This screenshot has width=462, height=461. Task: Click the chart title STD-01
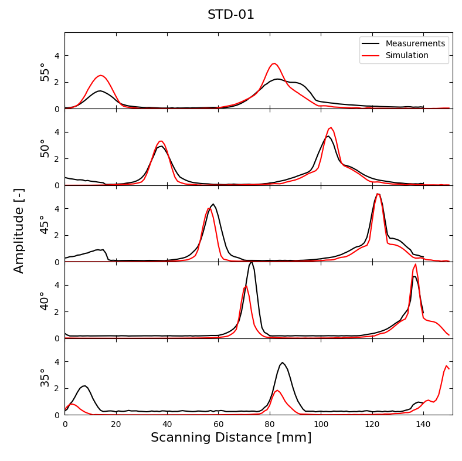pyautogui.click(x=231, y=15)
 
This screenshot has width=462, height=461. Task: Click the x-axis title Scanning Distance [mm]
pyautogui.click(x=231, y=438)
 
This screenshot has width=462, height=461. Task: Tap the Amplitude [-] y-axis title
pyautogui.click(x=19, y=230)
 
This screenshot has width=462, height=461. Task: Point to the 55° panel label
pyautogui.click(x=45, y=72)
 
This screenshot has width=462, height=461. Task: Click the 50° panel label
pyautogui.click(x=45, y=148)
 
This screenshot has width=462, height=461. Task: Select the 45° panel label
pyautogui.click(x=45, y=224)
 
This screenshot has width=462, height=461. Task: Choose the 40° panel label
pyautogui.click(x=45, y=300)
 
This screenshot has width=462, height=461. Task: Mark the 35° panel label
pyautogui.click(x=45, y=377)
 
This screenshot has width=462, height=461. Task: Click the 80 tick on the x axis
pyautogui.click(x=270, y=423)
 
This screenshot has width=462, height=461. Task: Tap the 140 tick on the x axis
pyautogui.click(x=423, y=423)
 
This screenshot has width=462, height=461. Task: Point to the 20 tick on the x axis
pyautogui.click(x=116, y=423)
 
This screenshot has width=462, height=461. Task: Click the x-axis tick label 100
pyautogui.click(x=321, y=423)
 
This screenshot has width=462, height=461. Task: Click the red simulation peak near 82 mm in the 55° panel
pyautogui.click(x=274, y=63)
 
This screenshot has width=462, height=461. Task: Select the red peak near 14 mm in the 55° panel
pyautogui.click(x=101, y=75)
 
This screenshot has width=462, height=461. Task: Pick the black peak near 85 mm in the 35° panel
pyautogui.click(x=282, y=362)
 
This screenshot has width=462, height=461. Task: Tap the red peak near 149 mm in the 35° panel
pyautogui.click(x=446, y=365)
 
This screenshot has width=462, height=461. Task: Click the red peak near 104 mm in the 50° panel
pyautogui.click(x=331, y=127)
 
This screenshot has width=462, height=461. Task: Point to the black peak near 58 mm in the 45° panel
pyautogui.click(x=213, y=204)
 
